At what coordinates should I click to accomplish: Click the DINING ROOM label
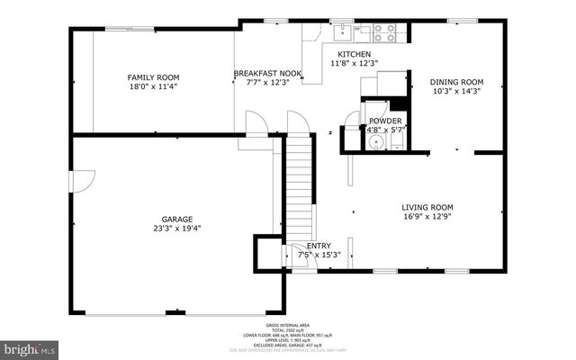[x=454, y=80]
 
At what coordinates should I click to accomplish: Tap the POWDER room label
[x=385, y=121]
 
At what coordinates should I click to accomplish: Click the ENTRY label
[x=318, y=246]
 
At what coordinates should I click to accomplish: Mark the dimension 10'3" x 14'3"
[x=454, y=90]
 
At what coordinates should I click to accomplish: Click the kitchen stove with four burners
[x=384, y=33]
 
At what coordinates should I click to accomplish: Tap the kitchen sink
[x=343, y=33]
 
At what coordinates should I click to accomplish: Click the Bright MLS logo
[x=30, y=346]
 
